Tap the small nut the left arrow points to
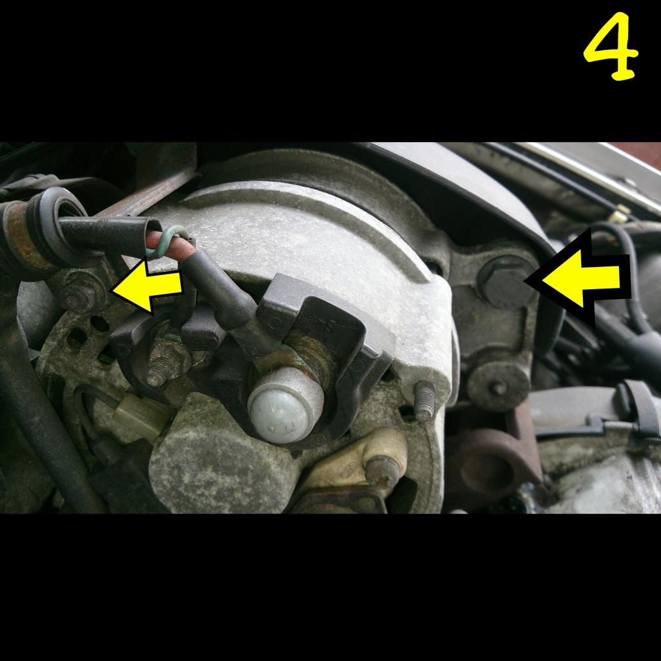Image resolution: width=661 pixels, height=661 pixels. click(x=80, y=292)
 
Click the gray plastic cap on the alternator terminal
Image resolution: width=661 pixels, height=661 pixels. click(x=286, y=404)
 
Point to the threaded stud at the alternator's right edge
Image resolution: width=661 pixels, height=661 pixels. click(x=425, y=400)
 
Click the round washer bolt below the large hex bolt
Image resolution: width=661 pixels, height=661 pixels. click(x=498, y=386)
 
